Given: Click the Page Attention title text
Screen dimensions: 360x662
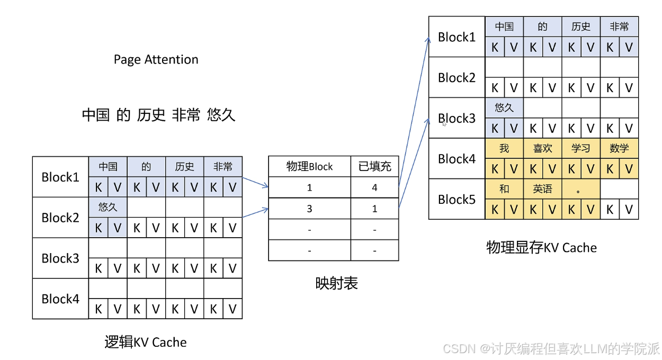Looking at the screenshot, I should [156, 59].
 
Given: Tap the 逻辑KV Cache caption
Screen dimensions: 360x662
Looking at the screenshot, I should [145, 343].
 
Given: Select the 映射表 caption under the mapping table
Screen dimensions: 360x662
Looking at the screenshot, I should [336, 283].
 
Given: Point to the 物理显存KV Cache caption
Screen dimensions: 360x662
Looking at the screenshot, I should [541, 247].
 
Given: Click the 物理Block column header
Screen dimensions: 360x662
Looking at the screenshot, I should [309, 166].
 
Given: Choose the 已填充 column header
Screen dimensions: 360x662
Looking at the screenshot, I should [374, 166].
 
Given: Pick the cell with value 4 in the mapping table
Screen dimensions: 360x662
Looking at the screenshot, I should [374, 187].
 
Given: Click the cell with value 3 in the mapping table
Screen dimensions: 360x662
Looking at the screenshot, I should [309, 209].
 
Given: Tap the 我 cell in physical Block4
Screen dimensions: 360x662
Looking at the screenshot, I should [504, 148].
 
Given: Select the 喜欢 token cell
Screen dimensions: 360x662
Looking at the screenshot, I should [542, 148].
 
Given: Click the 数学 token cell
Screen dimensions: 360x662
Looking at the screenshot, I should [619, 148].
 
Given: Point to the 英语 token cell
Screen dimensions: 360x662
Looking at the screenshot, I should [542, 189].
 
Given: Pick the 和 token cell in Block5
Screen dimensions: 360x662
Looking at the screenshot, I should [504, 189].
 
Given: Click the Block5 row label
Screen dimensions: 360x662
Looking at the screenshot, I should [457, 199].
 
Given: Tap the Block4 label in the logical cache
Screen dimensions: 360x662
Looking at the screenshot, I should [60, 299].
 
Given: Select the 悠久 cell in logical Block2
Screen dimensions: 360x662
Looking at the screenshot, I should [108, 207].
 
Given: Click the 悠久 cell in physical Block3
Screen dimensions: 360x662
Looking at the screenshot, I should [504, 108].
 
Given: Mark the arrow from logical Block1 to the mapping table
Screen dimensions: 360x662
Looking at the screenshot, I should [255, 183].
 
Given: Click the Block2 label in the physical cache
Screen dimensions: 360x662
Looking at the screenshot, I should [457, 77].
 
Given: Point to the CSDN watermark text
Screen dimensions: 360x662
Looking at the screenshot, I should [551, 349].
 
